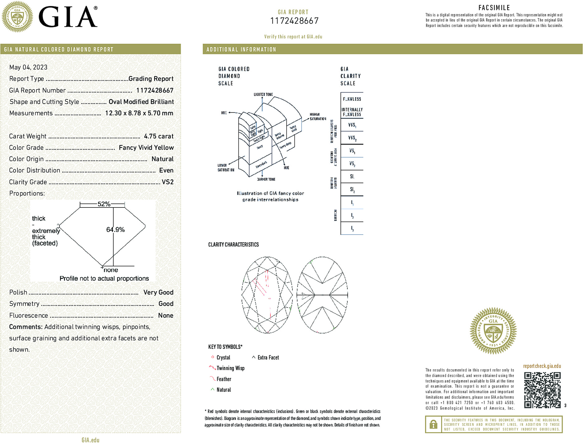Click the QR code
click(542, 390)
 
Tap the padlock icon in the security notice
click(433, 424)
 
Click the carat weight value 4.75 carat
click(158, 136)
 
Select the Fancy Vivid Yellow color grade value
click(146, 148)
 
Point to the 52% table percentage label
click(104, 204)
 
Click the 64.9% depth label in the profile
click(115, 230)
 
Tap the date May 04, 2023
click(28, 67)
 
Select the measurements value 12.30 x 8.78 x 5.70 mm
click(139, 113)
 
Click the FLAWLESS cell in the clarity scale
click(352, 99)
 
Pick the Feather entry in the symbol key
click(224, 379)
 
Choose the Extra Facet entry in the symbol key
click(268, 358)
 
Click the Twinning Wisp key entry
click(230, 368)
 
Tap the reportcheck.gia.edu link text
click(542, 366)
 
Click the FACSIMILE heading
click(494, 8)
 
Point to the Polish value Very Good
click(158, 292)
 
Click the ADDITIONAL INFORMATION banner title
click(241, 50)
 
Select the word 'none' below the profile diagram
click(111, 270)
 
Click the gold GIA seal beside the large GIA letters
click(17, 17)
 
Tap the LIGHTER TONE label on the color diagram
click(263, 94)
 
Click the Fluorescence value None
click(166, 315)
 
